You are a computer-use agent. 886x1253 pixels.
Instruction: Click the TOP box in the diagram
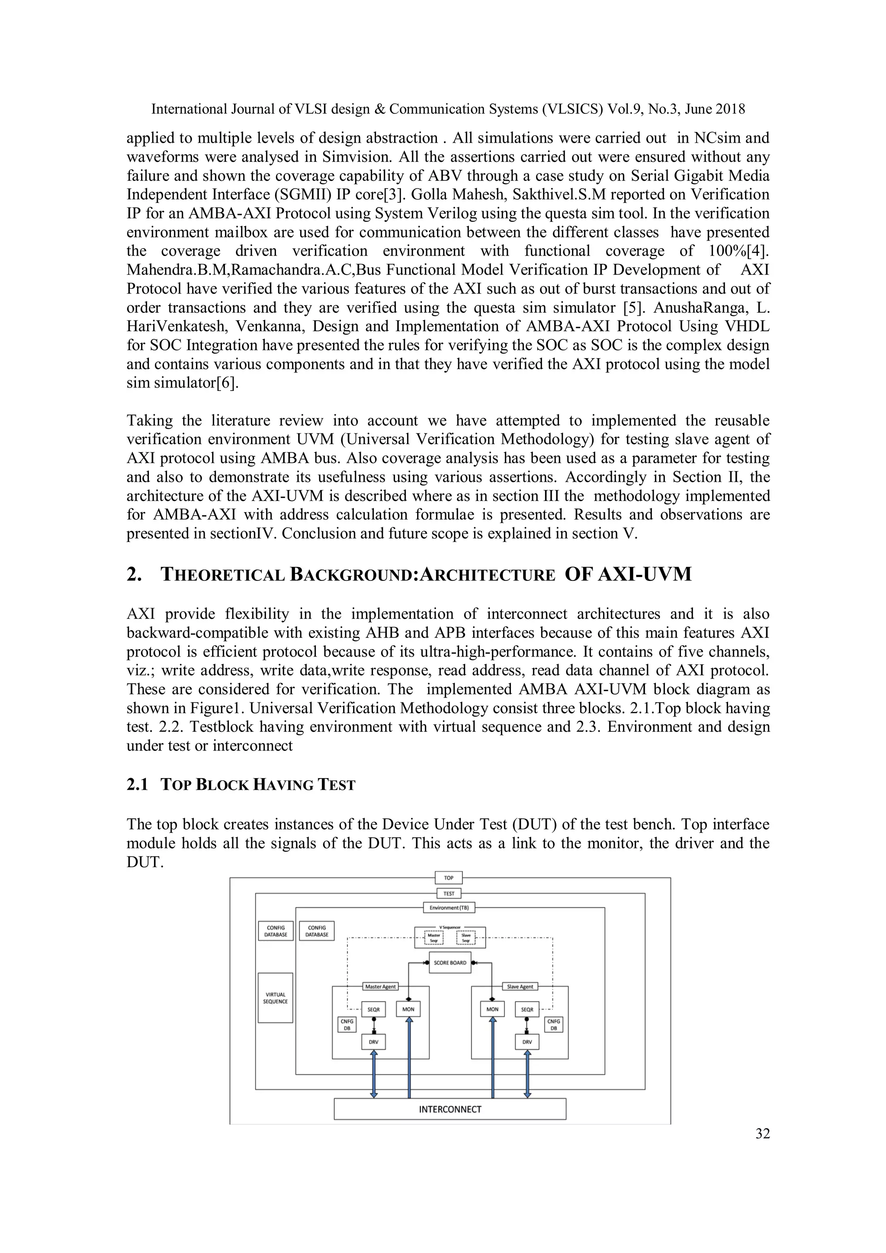[448, 878]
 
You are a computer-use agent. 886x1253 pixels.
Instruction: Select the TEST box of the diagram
[448, 894]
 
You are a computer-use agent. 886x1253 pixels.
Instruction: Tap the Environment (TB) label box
[449, 907]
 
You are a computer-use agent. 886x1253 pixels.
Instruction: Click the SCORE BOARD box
[450, 963]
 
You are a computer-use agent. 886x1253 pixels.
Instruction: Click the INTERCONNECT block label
[450, 1109]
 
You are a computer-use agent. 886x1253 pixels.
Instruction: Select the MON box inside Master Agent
[408, 1009]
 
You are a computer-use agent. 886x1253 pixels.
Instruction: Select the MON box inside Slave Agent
[492, 1009]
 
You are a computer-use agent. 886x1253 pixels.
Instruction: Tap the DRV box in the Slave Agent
[527, 1042]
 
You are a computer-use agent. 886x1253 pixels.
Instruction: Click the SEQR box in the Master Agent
[373, 1009]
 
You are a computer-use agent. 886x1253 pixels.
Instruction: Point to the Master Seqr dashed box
[434, 938]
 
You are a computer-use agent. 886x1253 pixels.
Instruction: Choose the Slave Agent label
[520, 986]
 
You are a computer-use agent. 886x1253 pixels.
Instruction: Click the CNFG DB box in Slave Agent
[554, 1024]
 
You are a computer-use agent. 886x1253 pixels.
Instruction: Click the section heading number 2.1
[137, 785]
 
